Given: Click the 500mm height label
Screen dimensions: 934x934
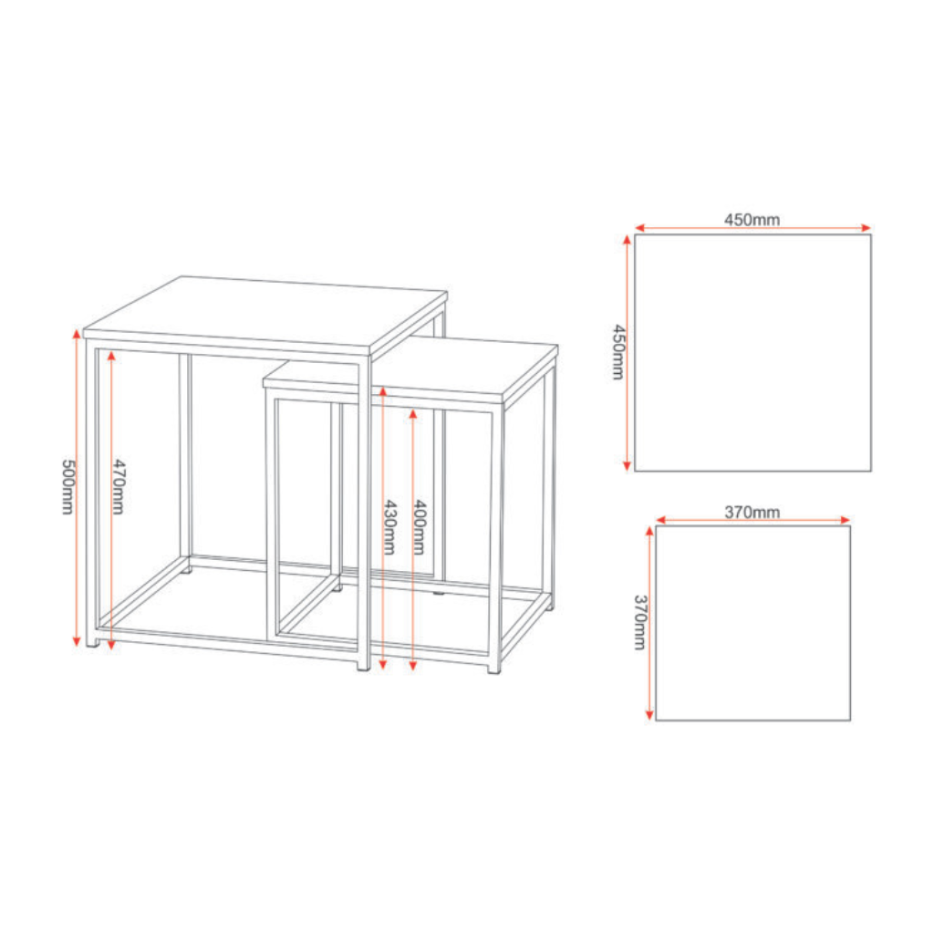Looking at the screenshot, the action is click(67, 487).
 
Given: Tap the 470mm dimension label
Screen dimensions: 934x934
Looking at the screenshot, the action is click(119, 487).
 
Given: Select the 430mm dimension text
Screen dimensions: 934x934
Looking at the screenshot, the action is click(389, 527).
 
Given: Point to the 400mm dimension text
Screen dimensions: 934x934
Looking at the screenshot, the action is click(420, 527).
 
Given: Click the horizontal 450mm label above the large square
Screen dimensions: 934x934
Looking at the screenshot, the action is click(752, 220).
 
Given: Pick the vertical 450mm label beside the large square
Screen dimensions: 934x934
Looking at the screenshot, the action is click(619, 352).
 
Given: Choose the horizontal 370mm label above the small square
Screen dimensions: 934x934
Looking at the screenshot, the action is click(752, 512).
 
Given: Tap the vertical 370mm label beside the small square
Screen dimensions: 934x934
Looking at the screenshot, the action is click(639, 622).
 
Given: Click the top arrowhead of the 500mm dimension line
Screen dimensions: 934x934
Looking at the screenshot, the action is click(77, 333).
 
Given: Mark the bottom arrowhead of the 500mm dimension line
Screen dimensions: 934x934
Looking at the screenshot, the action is click(77, 641).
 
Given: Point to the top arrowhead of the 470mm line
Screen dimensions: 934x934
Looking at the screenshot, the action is click(111, 356).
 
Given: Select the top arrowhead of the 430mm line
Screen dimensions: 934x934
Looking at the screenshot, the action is click(383, 390).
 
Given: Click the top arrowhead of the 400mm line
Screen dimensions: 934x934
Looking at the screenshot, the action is click(413, 414).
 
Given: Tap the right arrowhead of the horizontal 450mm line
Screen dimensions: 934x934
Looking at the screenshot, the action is click(867, 227).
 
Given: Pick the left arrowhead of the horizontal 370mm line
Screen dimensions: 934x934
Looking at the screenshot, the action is click(660, 520).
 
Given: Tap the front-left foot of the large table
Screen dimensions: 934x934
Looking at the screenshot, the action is click(92, 641).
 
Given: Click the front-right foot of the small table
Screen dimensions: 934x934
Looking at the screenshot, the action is click(493, 669).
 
